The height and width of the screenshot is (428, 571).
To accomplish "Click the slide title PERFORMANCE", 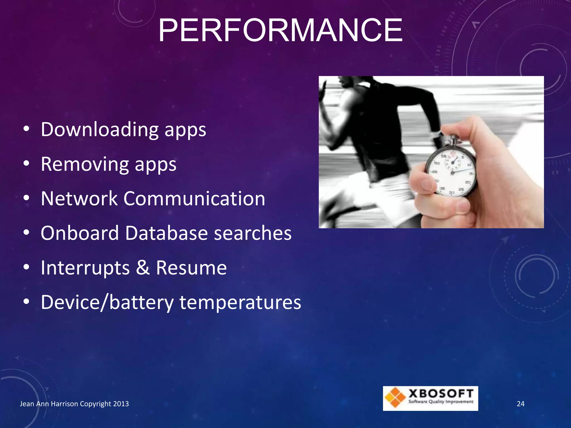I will pos(280,30).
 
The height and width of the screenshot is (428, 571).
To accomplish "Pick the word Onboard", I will pos(80,233).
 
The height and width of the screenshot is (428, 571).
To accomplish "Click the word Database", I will pos(166,233).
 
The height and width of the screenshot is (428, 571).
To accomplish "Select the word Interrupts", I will pos(85,268).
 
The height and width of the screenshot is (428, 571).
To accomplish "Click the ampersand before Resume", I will pos(143,268).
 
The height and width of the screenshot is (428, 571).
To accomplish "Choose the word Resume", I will pos(191,268).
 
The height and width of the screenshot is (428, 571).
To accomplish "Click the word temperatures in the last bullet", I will pos(240,302).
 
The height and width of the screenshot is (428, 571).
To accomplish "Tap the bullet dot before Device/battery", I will pos(26,302).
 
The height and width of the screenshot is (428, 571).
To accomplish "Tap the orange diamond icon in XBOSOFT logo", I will pos(395,398).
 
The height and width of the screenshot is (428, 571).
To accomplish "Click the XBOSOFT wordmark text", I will pos(441,394).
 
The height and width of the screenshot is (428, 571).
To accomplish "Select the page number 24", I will pos(521,404).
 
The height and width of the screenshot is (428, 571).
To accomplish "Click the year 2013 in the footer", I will pos(121,404).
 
